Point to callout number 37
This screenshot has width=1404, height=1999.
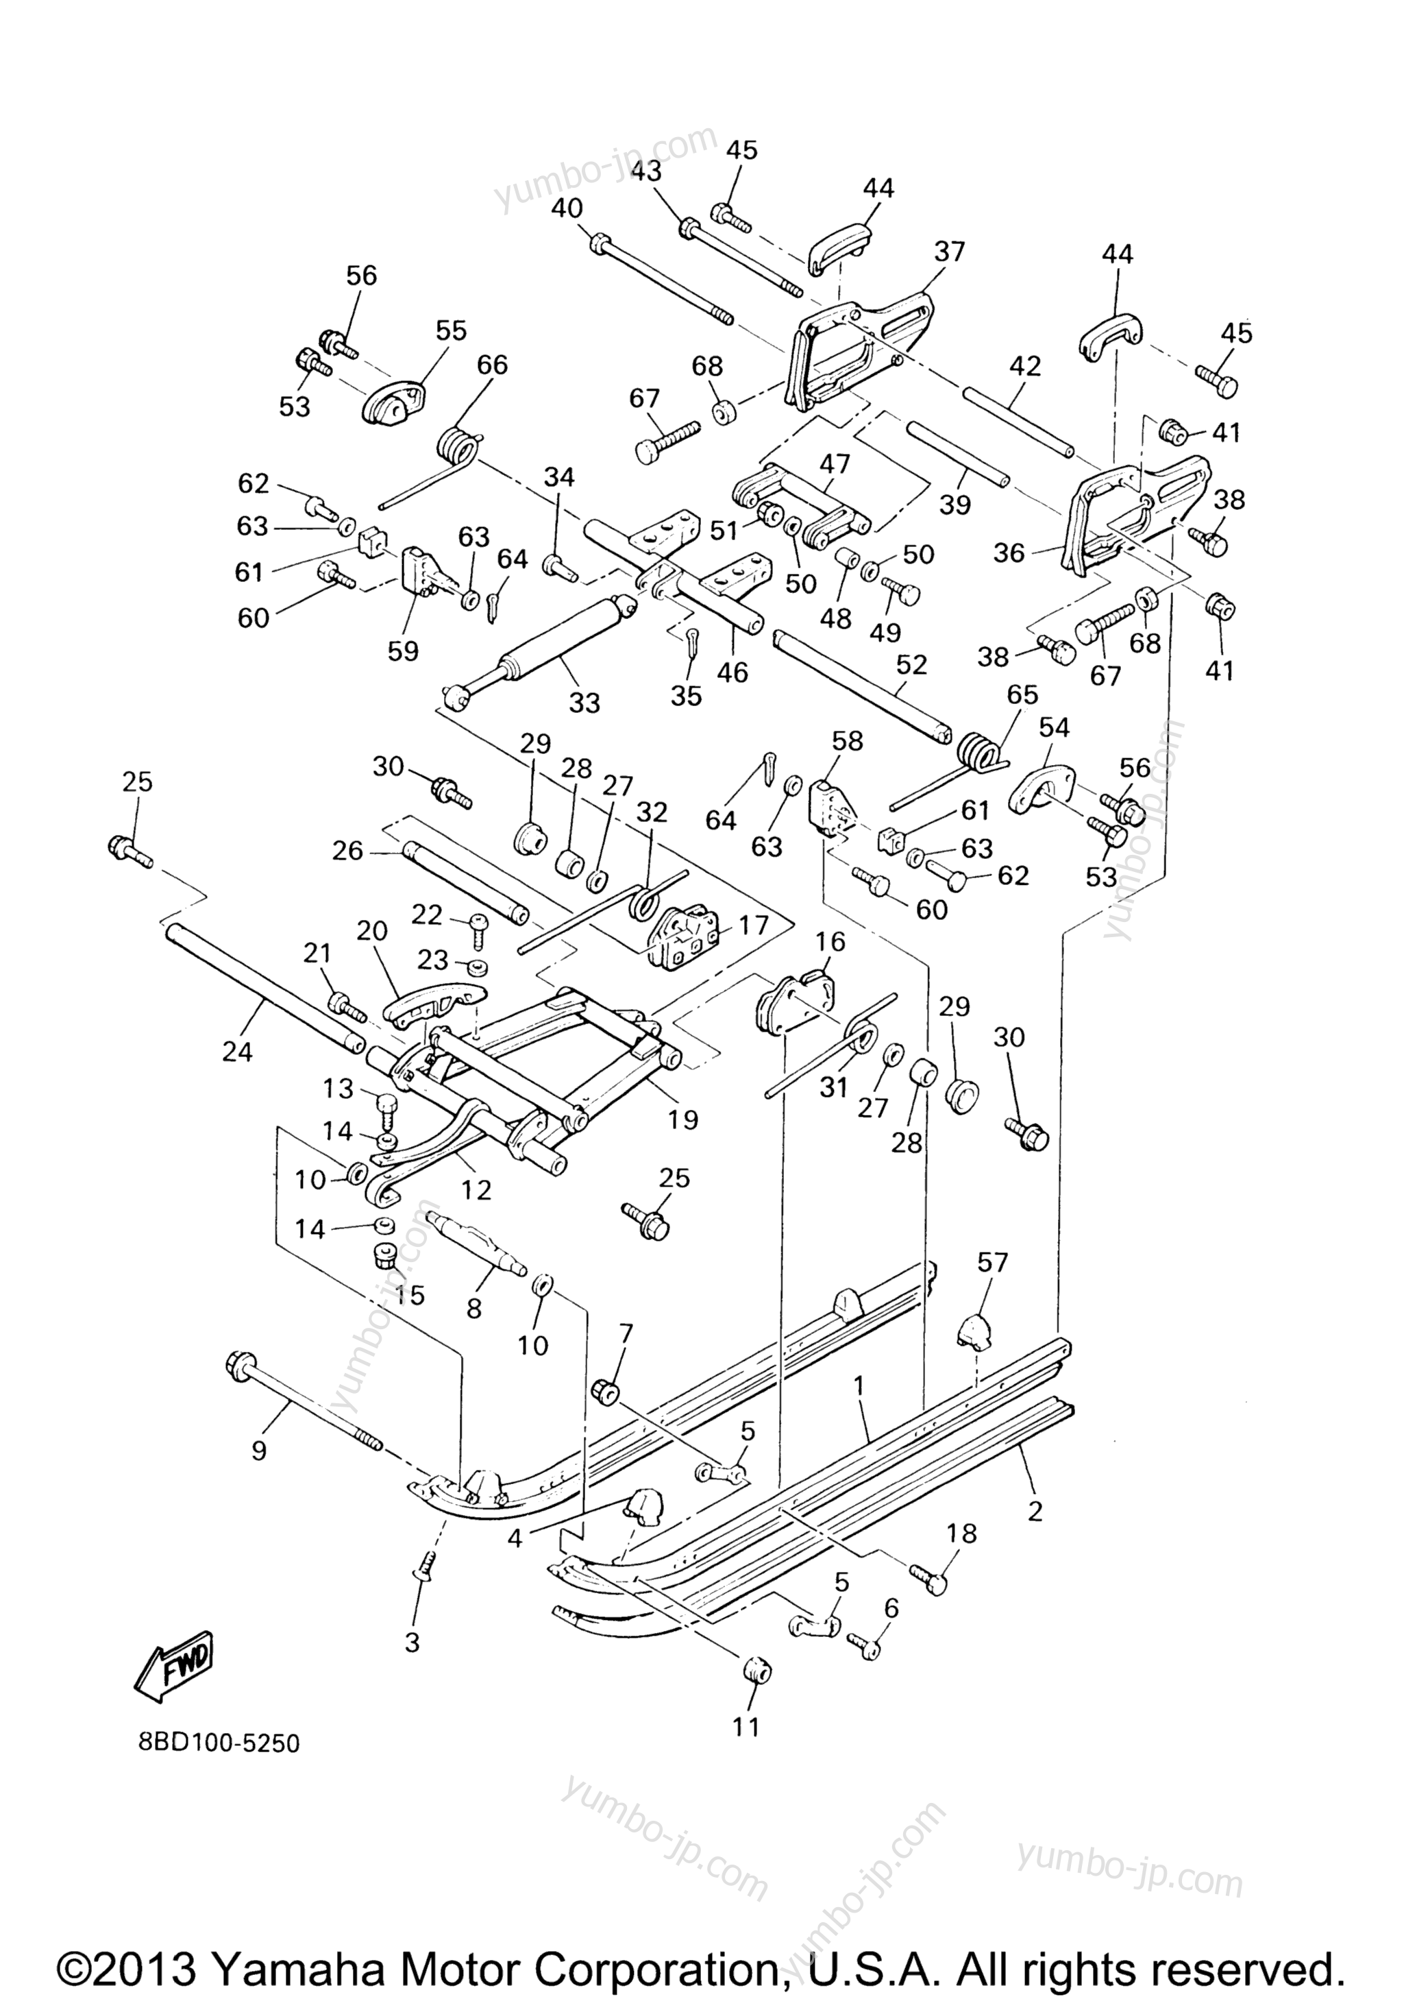[x=949, y=252]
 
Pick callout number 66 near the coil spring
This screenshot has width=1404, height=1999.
[x=492, y=365]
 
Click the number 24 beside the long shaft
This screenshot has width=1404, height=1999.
[x=237, y=1052]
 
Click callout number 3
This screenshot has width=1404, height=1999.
[x=412, y=1643]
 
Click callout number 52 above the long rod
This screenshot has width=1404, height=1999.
[x=911, y=665]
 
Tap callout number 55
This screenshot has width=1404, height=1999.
[x=451, y=331]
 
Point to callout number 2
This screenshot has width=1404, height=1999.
[x=1034, y=1512]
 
